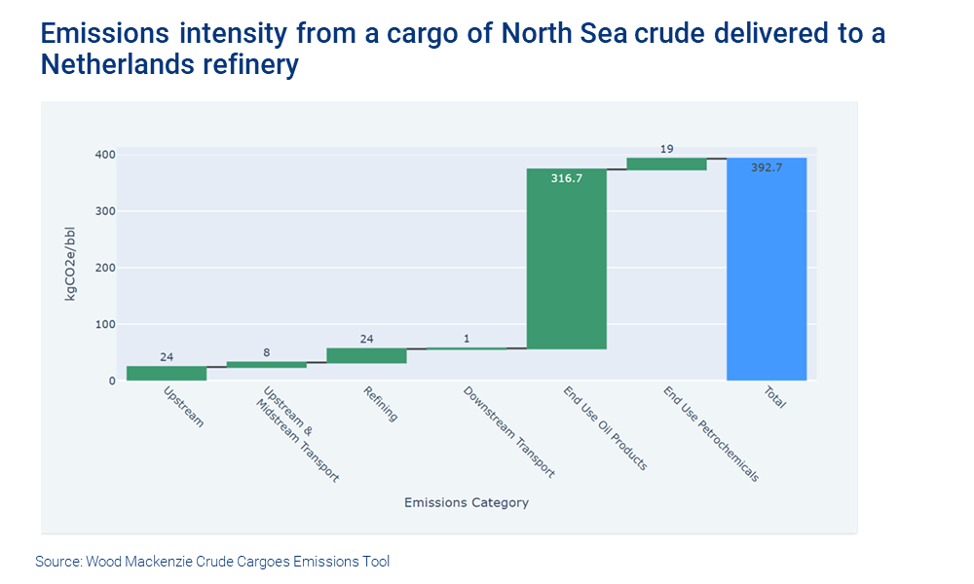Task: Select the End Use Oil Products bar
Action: click(566, 258)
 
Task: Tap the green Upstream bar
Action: click(167, 373)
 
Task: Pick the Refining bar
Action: click(366, 355)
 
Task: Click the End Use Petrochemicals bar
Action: click(666, 164)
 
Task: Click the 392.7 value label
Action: click(766, 167)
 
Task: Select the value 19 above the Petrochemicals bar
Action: click(666, 149)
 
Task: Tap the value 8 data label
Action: click(266, 353)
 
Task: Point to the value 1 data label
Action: click(467, 339)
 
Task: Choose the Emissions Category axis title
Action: click(466, 503)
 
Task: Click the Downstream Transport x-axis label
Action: click(508, 431)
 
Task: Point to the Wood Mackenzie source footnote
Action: click(212, 562)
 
